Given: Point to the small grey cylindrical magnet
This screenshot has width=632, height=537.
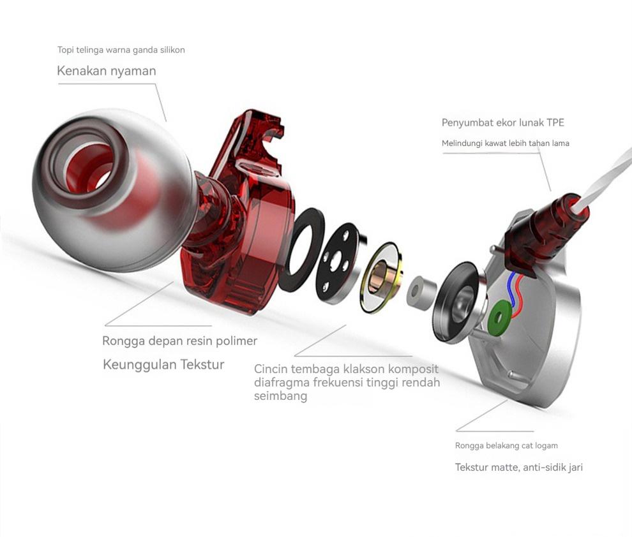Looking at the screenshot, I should pyautogui.click(x=418, y=293).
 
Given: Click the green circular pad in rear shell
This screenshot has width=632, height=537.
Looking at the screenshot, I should pyautogui.click(x=500, y=317).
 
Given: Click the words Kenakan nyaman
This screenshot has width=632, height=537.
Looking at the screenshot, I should pyautogui.click(x=106, y=71).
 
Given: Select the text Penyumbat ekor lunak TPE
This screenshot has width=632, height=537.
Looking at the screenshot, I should pyautogui.click(x=502, y=122).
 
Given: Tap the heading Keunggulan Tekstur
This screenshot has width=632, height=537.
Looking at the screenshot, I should pyautogui.click(x=163, y=365).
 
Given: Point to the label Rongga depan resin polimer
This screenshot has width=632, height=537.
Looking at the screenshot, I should pyautogui.click(x=179, y=341).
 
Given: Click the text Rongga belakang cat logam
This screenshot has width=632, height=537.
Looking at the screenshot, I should pyautogui.click(x=506, y=445).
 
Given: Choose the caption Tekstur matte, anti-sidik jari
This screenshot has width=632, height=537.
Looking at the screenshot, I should pyautogui.click(x=518, y=467).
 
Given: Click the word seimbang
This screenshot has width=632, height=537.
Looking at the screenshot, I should pyautogui.click(x=280, y=396).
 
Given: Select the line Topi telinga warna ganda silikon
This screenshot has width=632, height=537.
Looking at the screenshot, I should pyautogui.click(x=121, y=50).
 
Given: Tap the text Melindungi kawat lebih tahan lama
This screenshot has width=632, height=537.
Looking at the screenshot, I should pyautogui.click(x=505, y=143).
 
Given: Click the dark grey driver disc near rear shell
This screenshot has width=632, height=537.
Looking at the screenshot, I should pyautogui.click(x=456, y=300).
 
